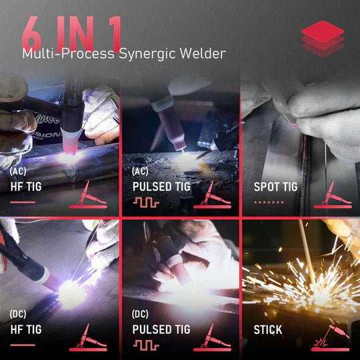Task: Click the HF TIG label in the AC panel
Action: tap(26, 187)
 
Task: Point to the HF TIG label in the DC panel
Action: tap(26, 329)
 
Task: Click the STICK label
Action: tap(267, 329)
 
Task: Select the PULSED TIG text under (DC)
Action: tap(160, 329)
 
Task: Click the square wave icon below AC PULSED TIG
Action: tap(145, 202)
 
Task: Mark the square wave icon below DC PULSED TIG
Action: tap(145, 345)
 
